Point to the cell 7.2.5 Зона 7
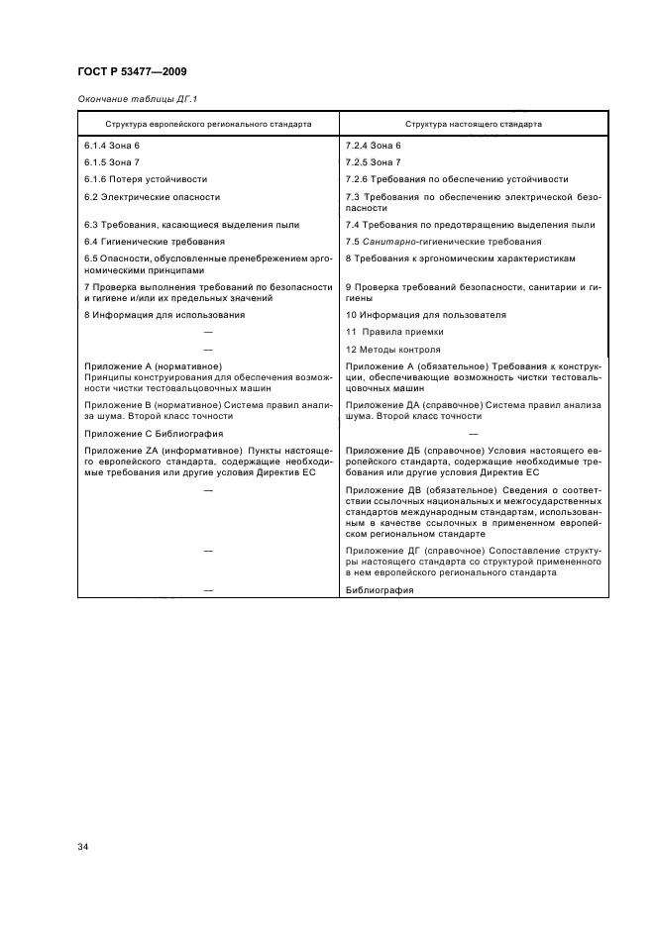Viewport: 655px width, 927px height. (x=373, y=161)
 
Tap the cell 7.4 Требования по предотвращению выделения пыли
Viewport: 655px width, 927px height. (x=470, y=225)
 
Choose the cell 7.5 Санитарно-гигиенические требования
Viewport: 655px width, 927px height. (x=443, y=241)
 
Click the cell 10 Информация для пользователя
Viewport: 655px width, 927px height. (x=426, y=314)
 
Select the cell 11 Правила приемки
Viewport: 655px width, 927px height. (x=394, y=332)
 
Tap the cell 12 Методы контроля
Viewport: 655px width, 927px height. (x=393, y=350)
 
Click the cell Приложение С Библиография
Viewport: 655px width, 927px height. (x=153, y=433)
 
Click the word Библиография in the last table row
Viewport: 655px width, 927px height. (x=380, y=589)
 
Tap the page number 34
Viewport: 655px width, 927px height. (x=83, y=847)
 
